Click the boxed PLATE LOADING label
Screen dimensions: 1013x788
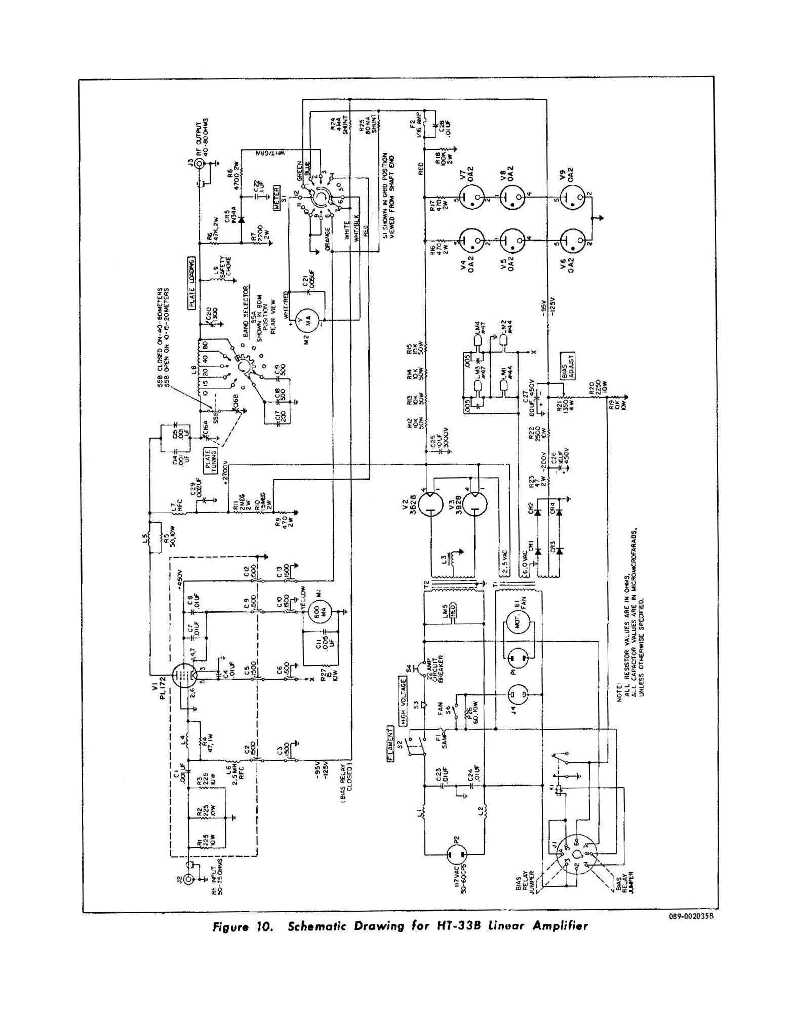click(x=192, y=283)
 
